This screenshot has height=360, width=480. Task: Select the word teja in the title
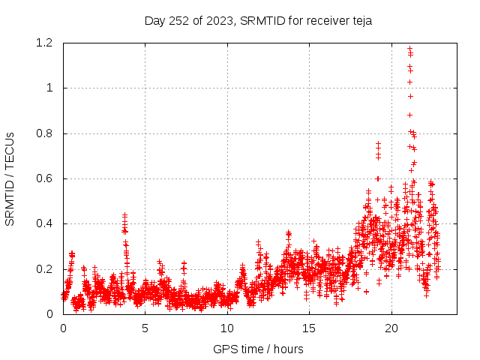pos(360,20)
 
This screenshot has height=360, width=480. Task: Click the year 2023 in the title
pos(216,20)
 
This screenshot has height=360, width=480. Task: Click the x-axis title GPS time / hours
pos(259,349)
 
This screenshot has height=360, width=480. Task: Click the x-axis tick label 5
pos(145,328)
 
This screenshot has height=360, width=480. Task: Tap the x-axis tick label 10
pos(227,328)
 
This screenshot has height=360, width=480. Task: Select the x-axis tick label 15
pos(309,328)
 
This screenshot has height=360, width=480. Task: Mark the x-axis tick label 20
pos(391,328)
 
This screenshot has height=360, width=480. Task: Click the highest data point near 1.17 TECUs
pos(409,49)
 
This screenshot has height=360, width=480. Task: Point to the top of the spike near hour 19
pos(379,143)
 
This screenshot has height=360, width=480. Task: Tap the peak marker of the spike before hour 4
pos(124,215)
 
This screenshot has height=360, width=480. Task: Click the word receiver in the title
pos(320,20)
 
